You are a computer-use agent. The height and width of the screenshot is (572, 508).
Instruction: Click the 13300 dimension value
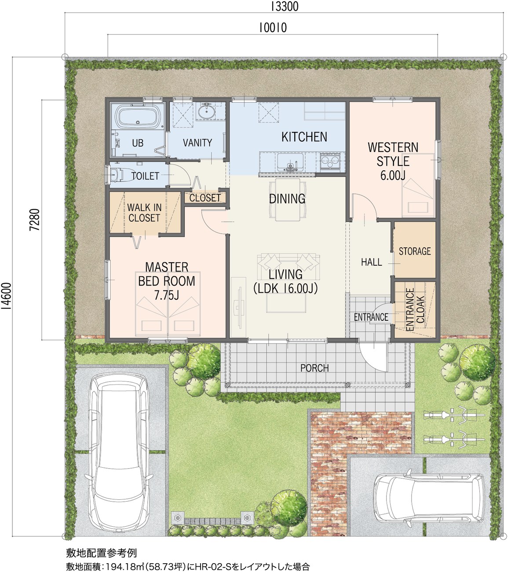point(285,7)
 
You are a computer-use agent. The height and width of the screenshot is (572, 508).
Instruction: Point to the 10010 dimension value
point(273,28)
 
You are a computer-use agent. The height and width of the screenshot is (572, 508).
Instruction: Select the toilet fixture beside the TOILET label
point(119,175)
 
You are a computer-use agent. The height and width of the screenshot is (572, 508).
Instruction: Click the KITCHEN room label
point(304,137)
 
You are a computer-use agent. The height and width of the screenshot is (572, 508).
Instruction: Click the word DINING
point(287,199)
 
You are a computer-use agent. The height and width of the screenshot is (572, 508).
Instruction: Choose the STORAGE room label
point(415,251)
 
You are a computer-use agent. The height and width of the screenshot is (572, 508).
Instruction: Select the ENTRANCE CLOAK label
point(415,309)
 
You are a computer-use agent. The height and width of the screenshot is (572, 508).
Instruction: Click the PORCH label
point(314,368)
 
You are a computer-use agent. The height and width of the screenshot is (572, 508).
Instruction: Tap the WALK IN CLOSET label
point(144,213)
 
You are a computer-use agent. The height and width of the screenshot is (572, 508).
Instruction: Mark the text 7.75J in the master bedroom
point(167,295)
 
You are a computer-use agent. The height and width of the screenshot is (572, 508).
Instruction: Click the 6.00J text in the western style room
point(393,175)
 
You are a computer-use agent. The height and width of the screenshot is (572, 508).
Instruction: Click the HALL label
point(371,262)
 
